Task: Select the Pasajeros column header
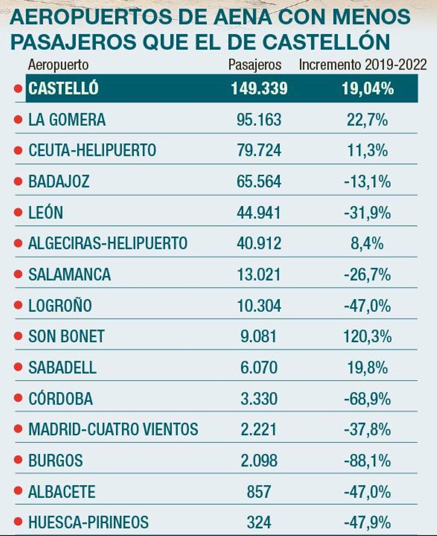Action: tap(255, 65)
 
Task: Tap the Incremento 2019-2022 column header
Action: tap(362, 65)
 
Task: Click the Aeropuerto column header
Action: tap(58, 65)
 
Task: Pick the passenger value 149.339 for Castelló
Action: tap(259, 88)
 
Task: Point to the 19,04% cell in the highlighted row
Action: tap(367, 88)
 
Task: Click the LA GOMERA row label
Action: tap(67, 120)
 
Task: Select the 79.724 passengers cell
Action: tap(259, 150)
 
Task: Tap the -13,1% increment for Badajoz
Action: tap(367, 181)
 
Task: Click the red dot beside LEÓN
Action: tap(18, 212)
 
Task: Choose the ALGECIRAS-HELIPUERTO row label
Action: tap(108, 243)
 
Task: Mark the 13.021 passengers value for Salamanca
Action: tap(259, 275)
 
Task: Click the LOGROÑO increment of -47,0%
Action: tap(367, 306)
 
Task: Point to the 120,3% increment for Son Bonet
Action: tap(367, 336)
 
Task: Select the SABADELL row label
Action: tap(62, 367)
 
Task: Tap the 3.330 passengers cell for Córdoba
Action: tap(259, 399)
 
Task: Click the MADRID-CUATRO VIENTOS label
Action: tap(113, 429)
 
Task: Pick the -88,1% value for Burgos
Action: tap(367, 461)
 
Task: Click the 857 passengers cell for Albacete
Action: tap(259, 492)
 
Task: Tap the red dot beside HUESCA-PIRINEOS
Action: tap(18, 522)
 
